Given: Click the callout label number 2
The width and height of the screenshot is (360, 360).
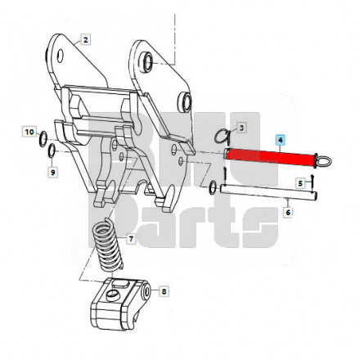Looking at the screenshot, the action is [x=86, y=40].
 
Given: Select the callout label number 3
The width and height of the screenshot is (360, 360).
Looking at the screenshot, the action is [x=241, y=128].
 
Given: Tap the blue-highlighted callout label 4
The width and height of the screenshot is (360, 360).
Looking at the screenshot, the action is [x=281, y=140].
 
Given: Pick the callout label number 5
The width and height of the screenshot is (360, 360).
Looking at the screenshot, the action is [x=300, y=183].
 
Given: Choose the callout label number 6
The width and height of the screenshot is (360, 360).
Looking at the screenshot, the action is [x=288, y=212].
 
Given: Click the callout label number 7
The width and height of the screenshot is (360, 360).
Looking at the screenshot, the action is [x=131, y=239].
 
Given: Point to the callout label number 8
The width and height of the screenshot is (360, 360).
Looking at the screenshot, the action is [x=164, y=291].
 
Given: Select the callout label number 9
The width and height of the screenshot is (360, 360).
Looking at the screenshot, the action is [x=53, y=173].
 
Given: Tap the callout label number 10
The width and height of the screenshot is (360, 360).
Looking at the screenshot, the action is [x=29, y=132].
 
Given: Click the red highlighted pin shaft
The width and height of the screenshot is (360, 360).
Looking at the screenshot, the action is [x=270, y=158].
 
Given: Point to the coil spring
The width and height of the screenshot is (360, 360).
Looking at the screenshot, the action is [x=107, y=245].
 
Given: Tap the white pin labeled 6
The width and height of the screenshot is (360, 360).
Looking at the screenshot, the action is [x=268, y=191].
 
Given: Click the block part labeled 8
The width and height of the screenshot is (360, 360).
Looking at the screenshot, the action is [x=119, y=304].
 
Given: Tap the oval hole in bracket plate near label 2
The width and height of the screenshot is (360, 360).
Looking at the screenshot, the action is [x=61, y=56].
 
